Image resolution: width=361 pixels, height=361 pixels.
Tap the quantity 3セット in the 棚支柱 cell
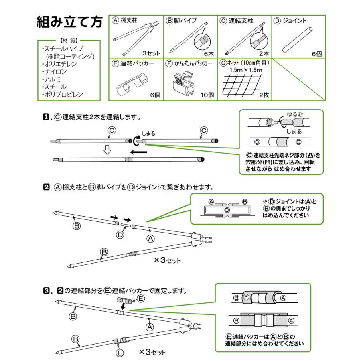click(x=151, y=53)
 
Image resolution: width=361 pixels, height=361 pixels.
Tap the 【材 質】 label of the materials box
click(x=67, y=41)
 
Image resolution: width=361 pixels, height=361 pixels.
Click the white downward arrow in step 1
click(x=107, y=150)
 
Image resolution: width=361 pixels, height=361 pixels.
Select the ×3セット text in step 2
click(x=167, y=260)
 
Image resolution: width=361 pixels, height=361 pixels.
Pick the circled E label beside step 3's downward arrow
click(x=140, y=298)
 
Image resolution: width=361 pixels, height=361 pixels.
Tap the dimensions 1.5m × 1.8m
click(x=246, y=70)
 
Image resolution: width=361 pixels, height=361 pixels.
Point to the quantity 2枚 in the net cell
click(x=264, y=95)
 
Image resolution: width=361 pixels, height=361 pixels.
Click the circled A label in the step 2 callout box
click(x=211, y=202)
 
